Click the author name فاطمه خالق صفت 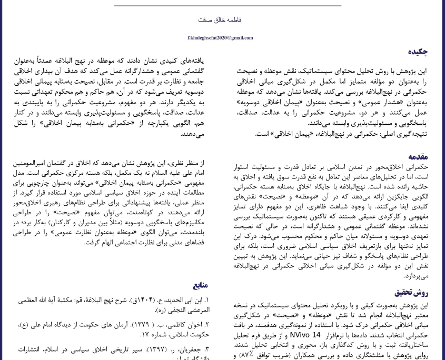(220, 19)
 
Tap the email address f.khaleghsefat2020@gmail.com (220, 38)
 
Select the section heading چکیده (418, 52)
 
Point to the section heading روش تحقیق (412, 293)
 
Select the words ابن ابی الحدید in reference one (183, 301)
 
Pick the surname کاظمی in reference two (174, 325)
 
